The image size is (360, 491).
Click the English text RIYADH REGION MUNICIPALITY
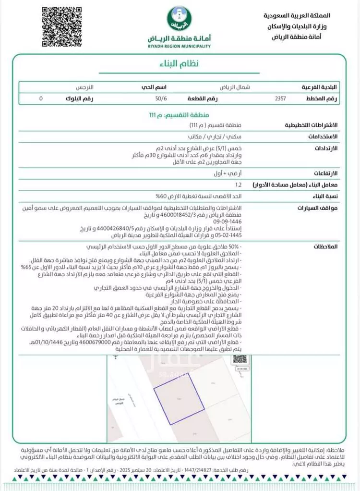click(x=179, y=46)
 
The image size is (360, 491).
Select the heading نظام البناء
click(x=180, y=64)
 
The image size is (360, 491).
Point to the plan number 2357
click(x=281, y=98)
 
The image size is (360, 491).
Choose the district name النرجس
click(x=84, y=87)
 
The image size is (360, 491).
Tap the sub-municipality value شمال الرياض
click(x=238, y=87)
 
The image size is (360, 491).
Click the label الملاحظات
click(x=324, y=246)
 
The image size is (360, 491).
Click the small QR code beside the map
click(x=240, y=360)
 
